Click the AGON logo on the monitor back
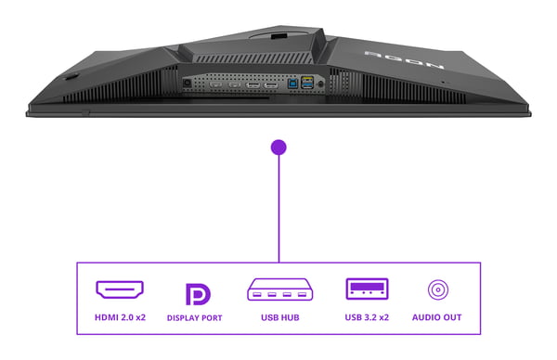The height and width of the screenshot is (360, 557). (x=404, y=59)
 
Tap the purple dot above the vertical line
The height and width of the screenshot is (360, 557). (x=278, y=147)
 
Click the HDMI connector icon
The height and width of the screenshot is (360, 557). (x=120, y=289)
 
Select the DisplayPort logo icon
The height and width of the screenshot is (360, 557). (x=198, y=294)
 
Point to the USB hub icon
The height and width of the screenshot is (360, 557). (x=280, y=289)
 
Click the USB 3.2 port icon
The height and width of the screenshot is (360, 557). (x=367, y=289)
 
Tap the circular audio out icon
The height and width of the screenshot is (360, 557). (x=438, y=289)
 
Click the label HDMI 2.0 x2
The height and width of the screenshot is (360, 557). (x=120, y=317)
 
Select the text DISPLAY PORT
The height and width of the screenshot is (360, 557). (x=195, y=317)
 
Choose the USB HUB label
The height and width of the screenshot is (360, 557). (x=280, y=317)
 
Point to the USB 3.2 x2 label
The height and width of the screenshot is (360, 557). (x=367, y=317)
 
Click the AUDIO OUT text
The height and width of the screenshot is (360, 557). (x=436, y=317)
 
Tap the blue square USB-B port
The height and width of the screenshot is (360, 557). (x=292, y=84)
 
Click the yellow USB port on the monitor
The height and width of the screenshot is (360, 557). (x=307, y=79)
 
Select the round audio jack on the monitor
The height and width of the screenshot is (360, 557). (x=321, y=84)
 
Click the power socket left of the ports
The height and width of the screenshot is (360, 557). (x=188, y=84)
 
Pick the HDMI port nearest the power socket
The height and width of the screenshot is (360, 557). (x=215, y=84)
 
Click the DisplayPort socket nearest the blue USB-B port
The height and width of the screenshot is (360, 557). (x=271, y=85)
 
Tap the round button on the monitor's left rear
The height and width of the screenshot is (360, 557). (x=72, y=76)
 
